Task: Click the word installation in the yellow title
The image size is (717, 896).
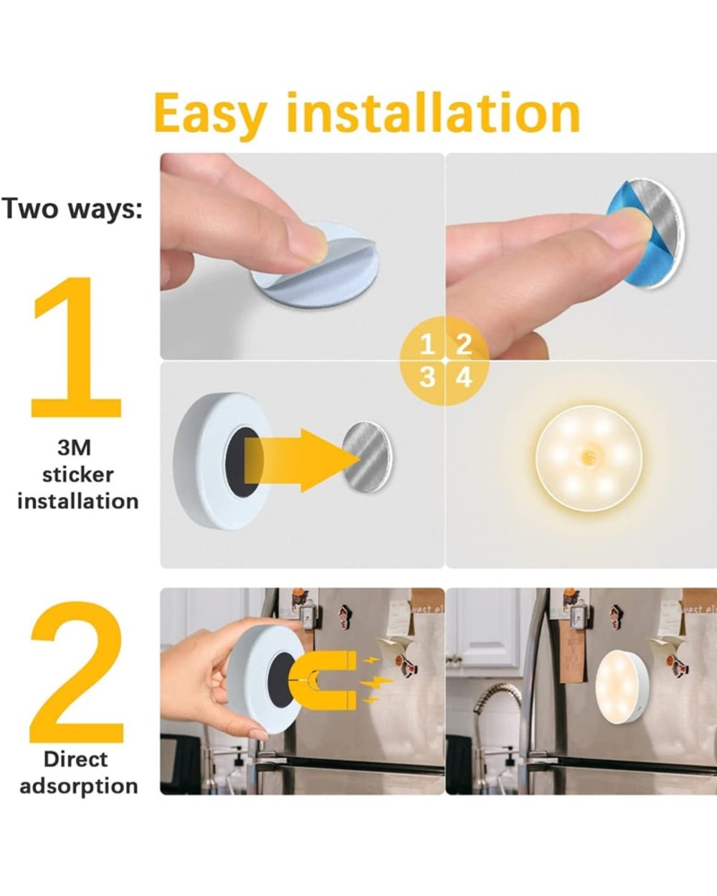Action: tap(433, 112)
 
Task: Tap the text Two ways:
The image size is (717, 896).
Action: tap(72, 209)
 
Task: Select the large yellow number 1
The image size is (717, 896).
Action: tap(76, 347)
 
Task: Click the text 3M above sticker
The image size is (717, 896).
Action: tap(74, 449)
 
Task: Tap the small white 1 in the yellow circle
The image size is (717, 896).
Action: tap(427, 345)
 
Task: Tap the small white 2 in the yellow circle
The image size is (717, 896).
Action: tap(464, 345)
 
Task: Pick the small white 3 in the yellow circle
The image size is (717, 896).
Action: tap(427, 378)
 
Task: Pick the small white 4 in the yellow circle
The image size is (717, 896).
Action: tap(464, 378)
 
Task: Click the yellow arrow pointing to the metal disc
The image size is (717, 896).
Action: tap(302, 459)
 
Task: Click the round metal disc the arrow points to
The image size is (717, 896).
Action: tap(367, 457)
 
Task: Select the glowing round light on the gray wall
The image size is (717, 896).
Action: tap(588, 459)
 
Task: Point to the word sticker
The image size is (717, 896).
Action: tap(78, 475)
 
